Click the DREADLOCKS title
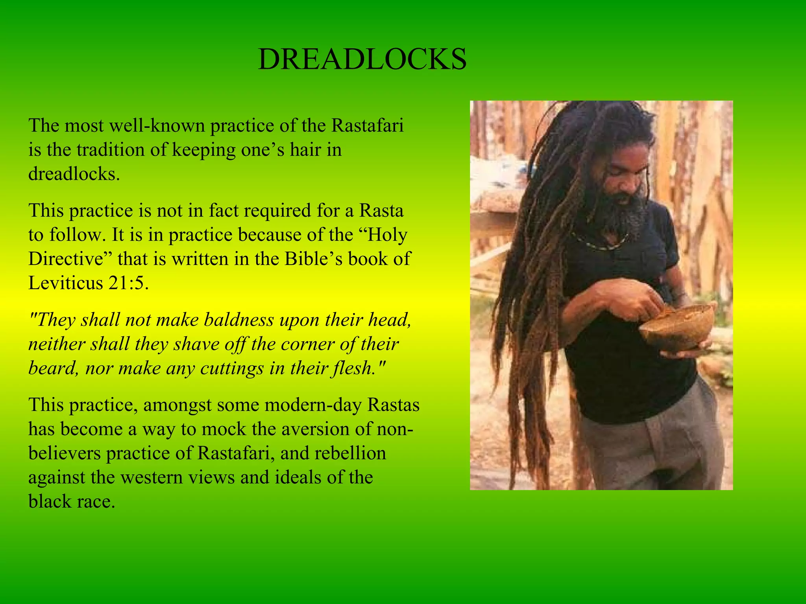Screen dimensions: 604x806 [362, 60]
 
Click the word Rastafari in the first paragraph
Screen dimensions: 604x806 [367, 126]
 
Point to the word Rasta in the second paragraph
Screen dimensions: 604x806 [381, 210]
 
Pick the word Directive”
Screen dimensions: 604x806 [70, 259]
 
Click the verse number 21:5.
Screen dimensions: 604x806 [128, 283]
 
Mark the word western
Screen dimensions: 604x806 [151, 478]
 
